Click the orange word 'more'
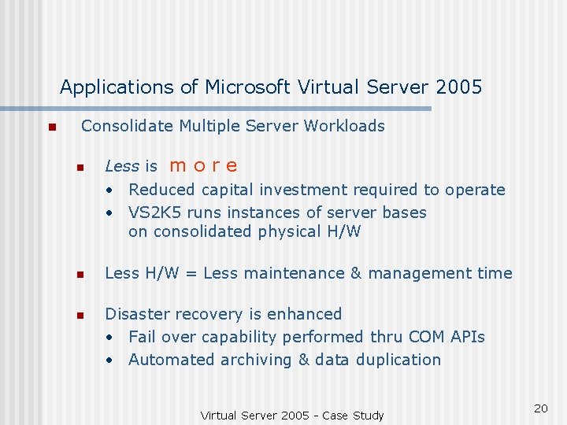tap(203, 166)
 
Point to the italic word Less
tap(121, 166)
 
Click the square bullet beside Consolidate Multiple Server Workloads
tap(50, 128)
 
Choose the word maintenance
tap(293, 274)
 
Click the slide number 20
tap(540, 408)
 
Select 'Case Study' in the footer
tap(354, 416)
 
